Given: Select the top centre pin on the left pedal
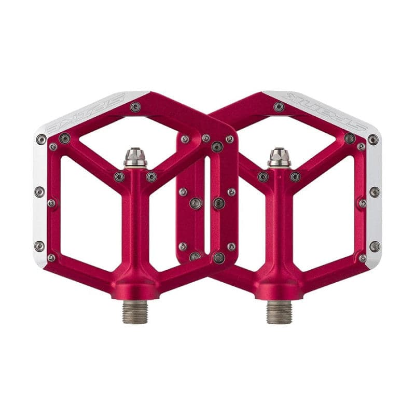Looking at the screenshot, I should point(135,107).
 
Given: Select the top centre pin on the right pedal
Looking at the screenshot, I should point(279,107).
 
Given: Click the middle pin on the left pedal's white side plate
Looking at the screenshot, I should point(39,192).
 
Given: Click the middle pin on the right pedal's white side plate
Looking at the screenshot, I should point(375,192).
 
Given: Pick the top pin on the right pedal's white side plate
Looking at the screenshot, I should point(373,140).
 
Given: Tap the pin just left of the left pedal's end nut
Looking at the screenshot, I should point(119,177).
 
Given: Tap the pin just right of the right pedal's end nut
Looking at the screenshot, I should point(295,177).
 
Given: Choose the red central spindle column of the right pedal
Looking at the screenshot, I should point(279,223).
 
